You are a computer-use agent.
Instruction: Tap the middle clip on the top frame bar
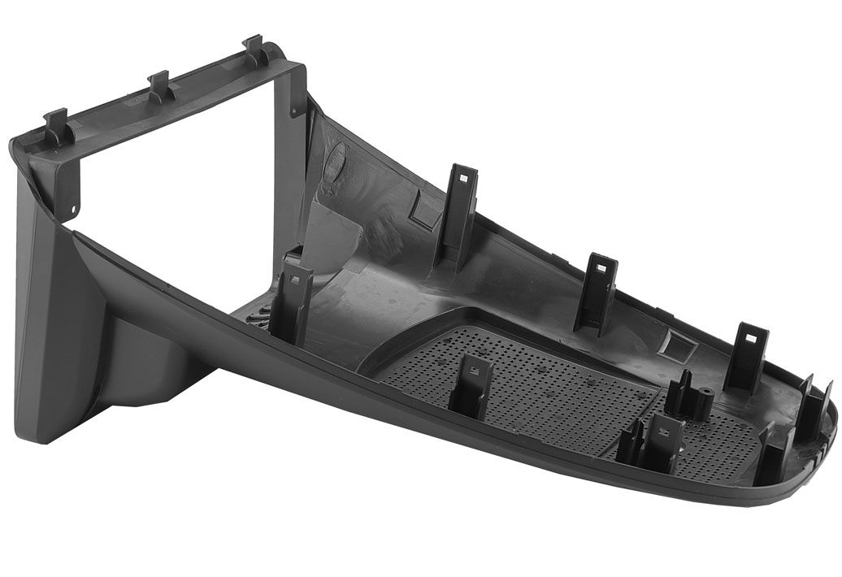159,86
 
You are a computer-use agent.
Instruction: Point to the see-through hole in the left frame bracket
73,209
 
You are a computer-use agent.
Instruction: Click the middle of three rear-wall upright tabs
599,293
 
